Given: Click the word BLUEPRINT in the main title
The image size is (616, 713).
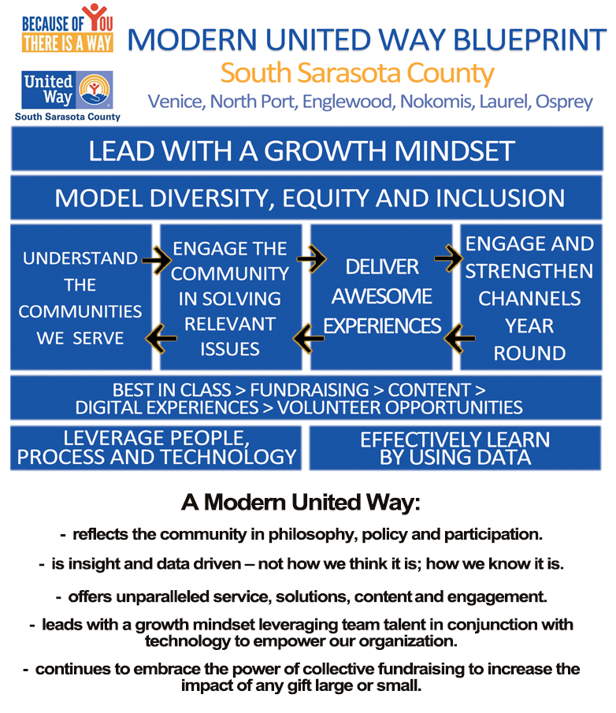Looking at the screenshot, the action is (x=529, y=39).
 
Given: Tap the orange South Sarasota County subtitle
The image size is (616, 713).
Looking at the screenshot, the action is (x=358, y=73).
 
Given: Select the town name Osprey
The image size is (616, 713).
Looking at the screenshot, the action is (x=564, y=102).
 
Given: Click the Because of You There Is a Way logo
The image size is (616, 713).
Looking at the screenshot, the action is (x=67, y=28).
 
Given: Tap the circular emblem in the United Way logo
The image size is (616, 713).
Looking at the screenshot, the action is (x=95, y=89).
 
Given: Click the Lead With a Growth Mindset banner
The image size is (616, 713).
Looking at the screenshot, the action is (x=307, y=149).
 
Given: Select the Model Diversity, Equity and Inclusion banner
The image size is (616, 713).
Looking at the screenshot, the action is (x=306, y=198).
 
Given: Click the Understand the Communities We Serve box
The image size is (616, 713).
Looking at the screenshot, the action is (x=81, y=297).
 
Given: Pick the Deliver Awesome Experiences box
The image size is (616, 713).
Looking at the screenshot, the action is (x=381, y=297).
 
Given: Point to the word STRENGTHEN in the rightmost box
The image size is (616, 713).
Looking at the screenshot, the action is (x=529, y=272).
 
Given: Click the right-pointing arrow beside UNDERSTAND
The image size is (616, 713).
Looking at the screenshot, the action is (x=157, y=260).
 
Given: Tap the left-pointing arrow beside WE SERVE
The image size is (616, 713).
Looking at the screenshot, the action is (x=161, y=339).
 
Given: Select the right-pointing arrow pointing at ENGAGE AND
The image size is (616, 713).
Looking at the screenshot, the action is (x=448, y=258).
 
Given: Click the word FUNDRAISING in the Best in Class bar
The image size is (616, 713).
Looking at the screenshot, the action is (x=309, y=390).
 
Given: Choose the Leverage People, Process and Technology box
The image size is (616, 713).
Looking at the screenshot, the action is (x=156, y=448).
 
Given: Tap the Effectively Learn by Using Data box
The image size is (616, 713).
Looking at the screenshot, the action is (x=455, y=448).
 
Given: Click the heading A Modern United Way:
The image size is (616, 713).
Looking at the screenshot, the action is (x=300, y=503).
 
